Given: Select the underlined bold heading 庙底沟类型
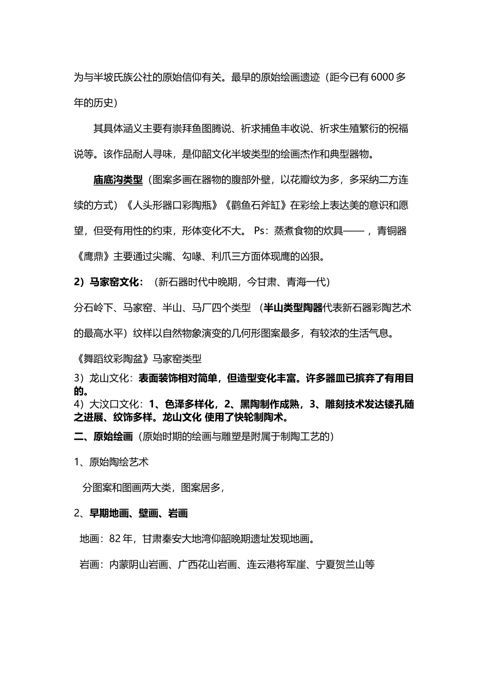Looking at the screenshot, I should (118, 180).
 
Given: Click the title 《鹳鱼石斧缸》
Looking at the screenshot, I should (254, 206).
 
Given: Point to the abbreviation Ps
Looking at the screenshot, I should (260, 231).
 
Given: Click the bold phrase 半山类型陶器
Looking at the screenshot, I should (292, 307).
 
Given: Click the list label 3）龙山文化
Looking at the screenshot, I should (103, 379).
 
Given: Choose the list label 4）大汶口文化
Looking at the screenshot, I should (108, 404).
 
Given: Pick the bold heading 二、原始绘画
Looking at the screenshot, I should (103, 437).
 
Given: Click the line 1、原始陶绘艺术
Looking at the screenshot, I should (111, 462).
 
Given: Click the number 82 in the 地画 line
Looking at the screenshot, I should (115, 539).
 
